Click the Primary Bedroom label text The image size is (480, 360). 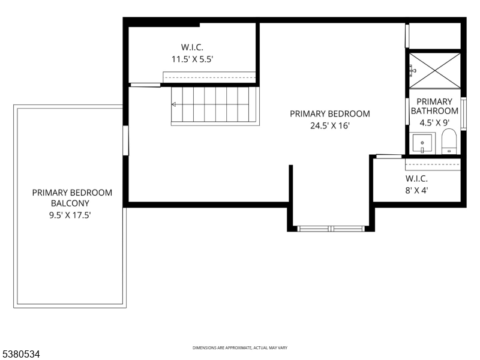[329, 113]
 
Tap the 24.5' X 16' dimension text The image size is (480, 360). [329, 125]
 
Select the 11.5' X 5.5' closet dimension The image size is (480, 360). [193, 59]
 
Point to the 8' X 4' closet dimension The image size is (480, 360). [416, 191]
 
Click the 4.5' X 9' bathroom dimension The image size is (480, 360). [434, 122]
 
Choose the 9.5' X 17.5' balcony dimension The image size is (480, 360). [72, 214]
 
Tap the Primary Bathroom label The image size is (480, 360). [434, 106]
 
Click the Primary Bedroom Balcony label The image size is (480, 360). [72, 198]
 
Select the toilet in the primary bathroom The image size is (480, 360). [449, 143]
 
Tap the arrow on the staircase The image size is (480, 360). [175, 104]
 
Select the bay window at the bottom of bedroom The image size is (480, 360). [332, 228]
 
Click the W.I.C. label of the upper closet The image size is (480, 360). [193, 46]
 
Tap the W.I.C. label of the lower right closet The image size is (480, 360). [416, 179]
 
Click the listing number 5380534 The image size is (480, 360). [20, 354]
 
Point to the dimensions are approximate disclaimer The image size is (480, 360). [239, 348]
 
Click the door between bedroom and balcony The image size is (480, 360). [125, 140]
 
